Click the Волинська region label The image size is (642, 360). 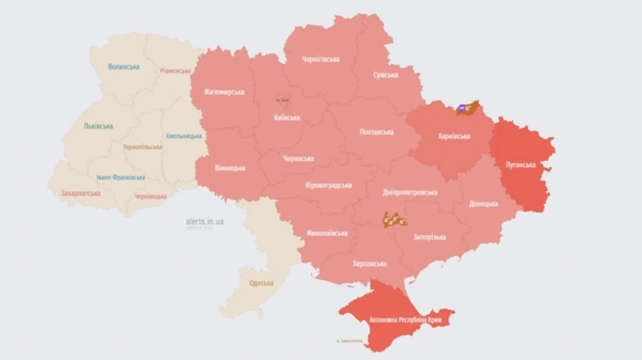[x=123, y=67]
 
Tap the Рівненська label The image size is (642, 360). [x=175, y=71]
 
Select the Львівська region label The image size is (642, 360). [x=98, y=126]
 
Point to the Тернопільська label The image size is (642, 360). [x=142, y=147]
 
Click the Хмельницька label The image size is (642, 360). [x=183, y=136]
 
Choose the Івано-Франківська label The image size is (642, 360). [x=121, y=178]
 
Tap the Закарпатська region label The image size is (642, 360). [x=81, y=192]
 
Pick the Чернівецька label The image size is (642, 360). [x=151, y=196]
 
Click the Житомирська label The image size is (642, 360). [x=224, y=92]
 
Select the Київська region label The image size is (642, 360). [x=287, y=118]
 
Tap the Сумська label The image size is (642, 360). [x=385, y=75]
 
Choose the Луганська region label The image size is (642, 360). [x=520, y=165]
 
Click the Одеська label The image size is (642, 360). [x=261, y=283]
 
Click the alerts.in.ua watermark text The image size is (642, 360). [x=205, y=222]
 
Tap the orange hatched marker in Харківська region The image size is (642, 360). [x=467, y=108]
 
